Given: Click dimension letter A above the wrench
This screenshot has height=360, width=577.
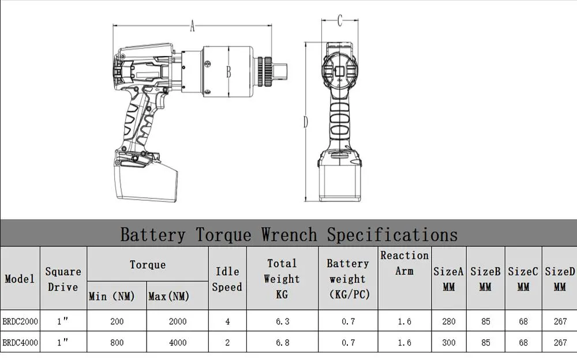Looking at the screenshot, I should point(193,25).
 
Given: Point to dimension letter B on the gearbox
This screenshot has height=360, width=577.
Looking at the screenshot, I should point(228,73).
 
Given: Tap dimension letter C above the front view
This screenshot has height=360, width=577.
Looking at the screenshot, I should point(340,21).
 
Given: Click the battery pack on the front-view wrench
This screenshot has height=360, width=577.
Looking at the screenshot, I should point(341,180).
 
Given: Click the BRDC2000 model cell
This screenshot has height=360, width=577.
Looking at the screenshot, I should point(20,321).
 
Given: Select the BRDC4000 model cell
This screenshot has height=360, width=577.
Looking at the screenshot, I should point(20,342).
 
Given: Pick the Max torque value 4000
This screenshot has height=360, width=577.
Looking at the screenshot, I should point(177,342).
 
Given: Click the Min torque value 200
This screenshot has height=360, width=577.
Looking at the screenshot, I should point(117,321).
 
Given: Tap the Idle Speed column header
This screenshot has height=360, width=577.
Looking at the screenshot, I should point(227,279).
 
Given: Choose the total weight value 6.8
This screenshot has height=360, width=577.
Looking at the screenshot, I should point(282,342).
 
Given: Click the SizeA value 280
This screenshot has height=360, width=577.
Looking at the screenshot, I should point(449,321).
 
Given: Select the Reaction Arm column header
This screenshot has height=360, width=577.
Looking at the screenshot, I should point(404,262).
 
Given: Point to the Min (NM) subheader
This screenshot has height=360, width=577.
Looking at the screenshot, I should point(112,297).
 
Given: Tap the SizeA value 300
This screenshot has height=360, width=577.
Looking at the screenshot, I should point(449,342).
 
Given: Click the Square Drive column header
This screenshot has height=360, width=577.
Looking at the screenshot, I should point(63,279).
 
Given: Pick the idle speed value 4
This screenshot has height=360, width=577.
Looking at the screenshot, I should point(227,321).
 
